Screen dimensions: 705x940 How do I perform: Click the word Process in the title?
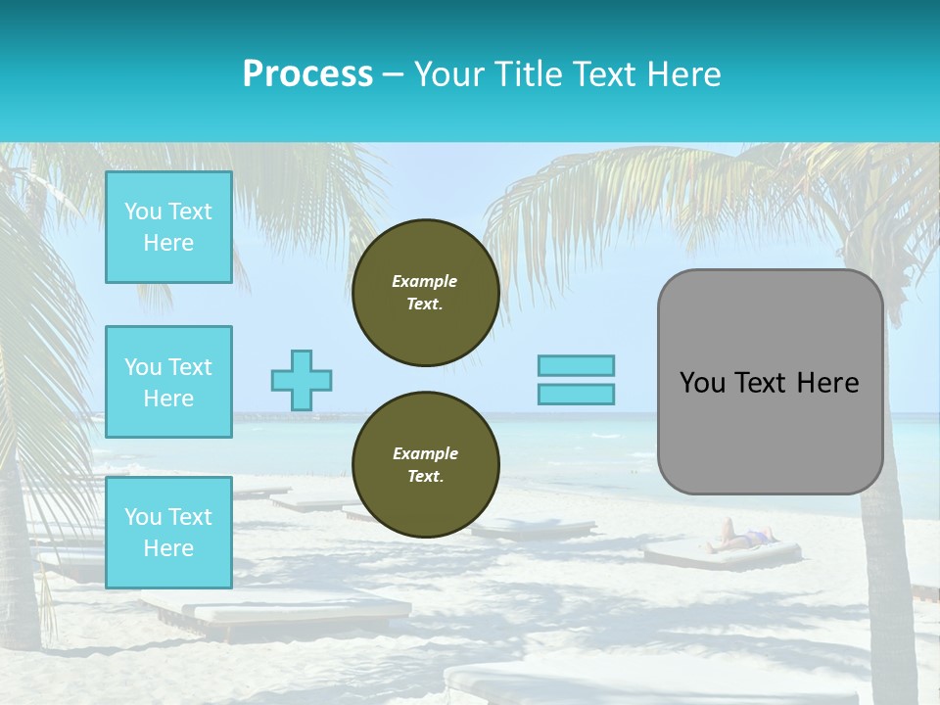click(307, 74)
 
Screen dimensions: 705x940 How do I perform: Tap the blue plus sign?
click(302, 380)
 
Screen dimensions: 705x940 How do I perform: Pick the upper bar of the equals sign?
click(576, 365)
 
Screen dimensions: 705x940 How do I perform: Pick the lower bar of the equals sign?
click(576, 394)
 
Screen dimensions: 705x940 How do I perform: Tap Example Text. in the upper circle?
click(425, 293)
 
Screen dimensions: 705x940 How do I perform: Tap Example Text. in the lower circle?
click(425, 465)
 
